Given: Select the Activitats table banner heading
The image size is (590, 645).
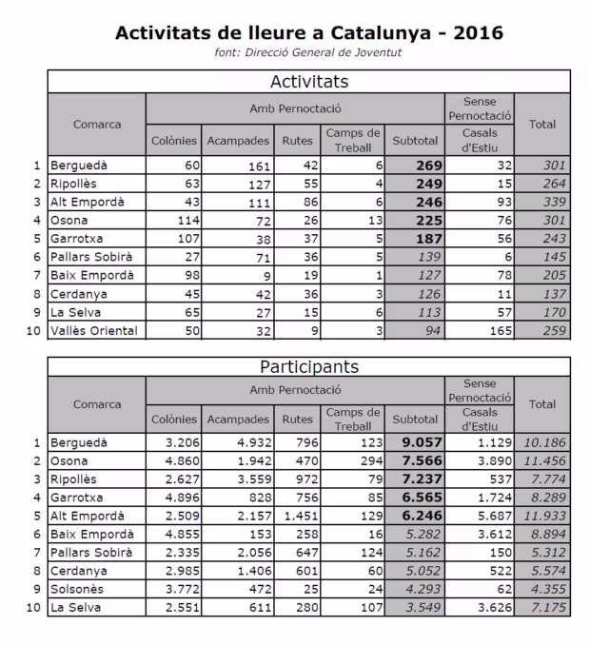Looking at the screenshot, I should tap(309, 81).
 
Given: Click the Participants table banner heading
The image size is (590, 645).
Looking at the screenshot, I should tap(309, 365).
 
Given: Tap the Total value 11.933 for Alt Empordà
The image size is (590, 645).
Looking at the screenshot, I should tap(543, 516).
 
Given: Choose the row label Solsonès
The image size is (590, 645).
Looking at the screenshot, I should tap(78, 589).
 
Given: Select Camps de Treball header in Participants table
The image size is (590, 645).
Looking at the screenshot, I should tap(352, 419).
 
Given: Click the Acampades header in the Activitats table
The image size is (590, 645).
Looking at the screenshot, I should tap(237, 142).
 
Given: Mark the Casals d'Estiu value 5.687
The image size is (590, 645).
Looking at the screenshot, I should tap(495, 516).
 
